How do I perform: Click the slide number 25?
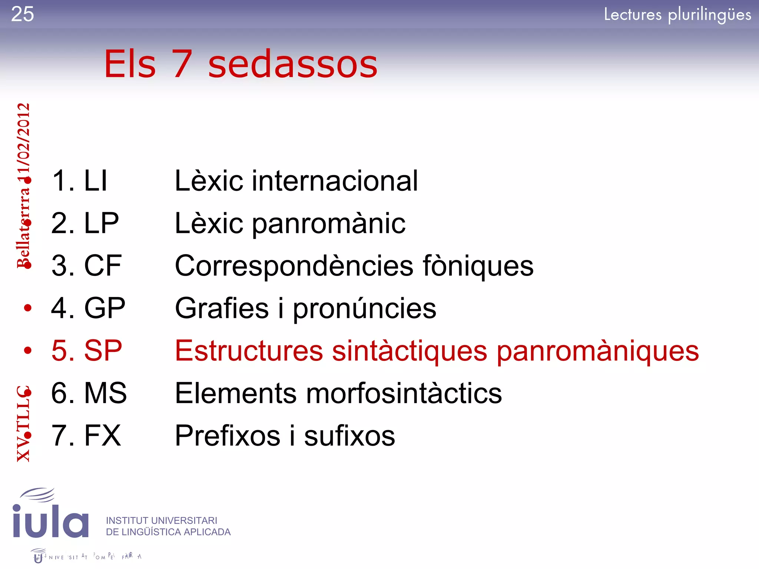coord(23,14)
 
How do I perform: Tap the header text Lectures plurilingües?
coord(677,15)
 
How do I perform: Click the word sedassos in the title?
coord(292,64)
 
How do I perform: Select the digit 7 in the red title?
coord(182,64)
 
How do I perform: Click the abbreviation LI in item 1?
coord(96,181)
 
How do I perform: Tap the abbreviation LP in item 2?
coord(101,223)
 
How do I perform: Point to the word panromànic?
coord(329,224)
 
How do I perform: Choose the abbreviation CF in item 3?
coord(103,266)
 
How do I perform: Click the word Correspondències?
coord(294,266)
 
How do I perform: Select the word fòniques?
coord(478,266)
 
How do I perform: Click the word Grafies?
coord(222,308)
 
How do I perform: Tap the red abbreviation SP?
coord(103,350)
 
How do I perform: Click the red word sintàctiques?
coord(410,351)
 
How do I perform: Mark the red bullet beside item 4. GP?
coord(28,308)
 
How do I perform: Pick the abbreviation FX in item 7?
coord(102,436)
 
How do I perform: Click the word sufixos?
coord(349,436)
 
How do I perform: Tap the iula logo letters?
coord(50,520)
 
